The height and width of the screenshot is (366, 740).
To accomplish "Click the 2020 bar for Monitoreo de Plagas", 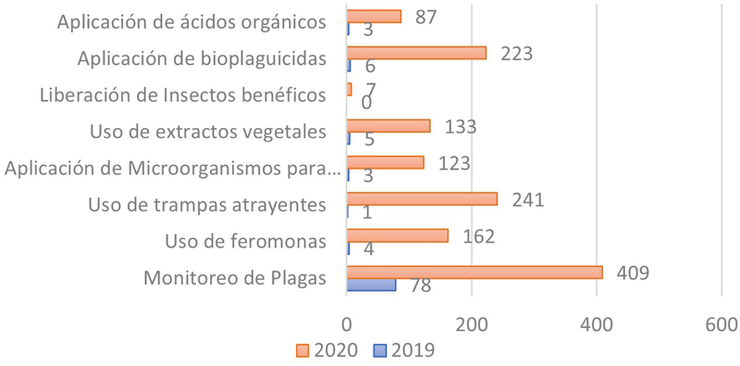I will click(x=474, y=272).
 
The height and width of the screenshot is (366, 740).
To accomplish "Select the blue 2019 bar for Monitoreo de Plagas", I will click(x=371, y=285).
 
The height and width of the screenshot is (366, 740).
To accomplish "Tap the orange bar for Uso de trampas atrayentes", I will click(x=422, y=199).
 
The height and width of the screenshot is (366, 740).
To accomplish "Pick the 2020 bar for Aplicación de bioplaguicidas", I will click(x=416, y=53).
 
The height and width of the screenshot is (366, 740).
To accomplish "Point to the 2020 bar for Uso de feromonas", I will click(x=397, y=236).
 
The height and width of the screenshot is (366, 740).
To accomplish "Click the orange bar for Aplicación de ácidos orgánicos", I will click(x=374, y=17).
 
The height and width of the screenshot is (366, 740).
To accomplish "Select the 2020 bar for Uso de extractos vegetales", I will click(x=388, y=126).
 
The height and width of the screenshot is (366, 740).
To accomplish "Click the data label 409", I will click(x=633, y=273).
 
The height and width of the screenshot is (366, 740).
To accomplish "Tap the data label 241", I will click(x=527, y=200).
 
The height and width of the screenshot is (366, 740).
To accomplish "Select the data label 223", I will click(x=516, y=54).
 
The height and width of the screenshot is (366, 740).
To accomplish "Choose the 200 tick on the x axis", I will click(x=472, y=324).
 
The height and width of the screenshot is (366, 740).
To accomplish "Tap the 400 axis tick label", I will click(x=597, y=324).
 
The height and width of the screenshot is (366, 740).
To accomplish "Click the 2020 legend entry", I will click(x=327, y=350).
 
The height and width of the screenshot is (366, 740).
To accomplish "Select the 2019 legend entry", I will click(x=404, y=350).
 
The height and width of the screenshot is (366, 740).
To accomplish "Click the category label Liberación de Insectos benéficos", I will click(x=183, y=96).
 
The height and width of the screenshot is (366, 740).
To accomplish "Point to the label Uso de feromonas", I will click(x=245, y=241).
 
